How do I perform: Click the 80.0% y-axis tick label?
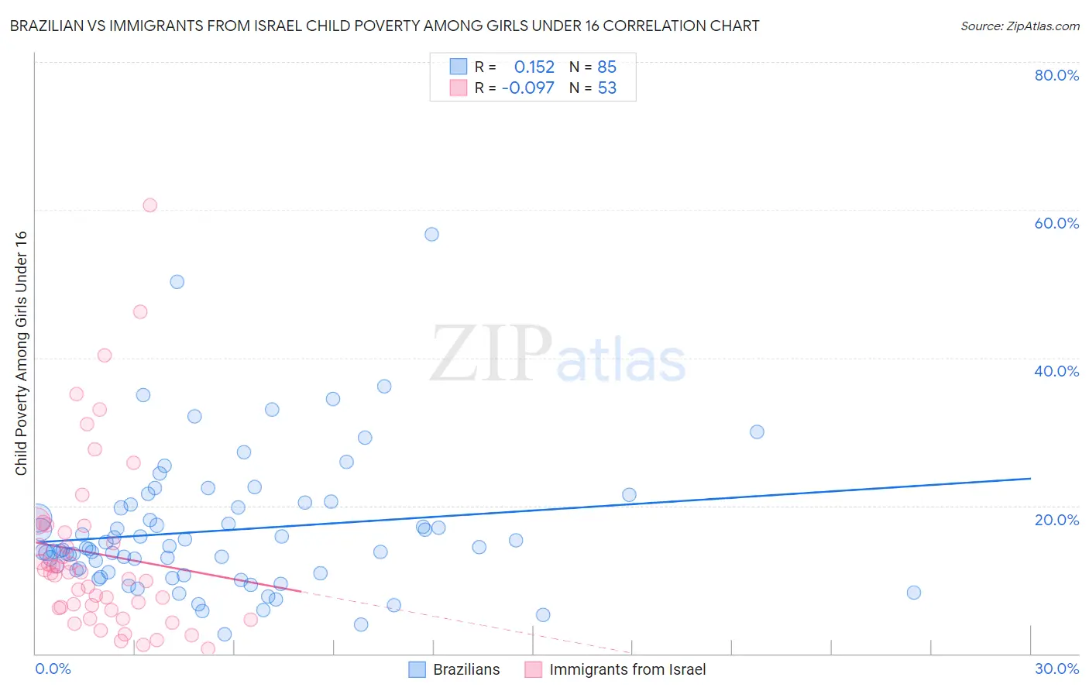click(x=1056, y=75)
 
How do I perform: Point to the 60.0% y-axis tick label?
click(x=1056, y=223)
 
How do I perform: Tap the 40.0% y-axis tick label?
click(x=1056, y=371)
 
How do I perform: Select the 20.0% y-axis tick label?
click(x=1056, y=520)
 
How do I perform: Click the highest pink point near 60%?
click(x=150, y=205)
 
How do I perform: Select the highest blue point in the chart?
click(x=431, y=234)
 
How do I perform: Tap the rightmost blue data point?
click(x=914, y=593)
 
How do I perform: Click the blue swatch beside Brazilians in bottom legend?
click(x=417, y=669)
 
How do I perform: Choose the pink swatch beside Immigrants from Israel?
click(x=534, y=669)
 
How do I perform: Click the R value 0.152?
click(x=534, y=67)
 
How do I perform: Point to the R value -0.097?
click(x=528, y=88)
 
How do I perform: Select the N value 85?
click(x=607, y=67)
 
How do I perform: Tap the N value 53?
click(x=607, y=88)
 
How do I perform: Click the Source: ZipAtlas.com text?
click(x=1019, y=26)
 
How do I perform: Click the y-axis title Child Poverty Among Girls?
click(x=21, y=353)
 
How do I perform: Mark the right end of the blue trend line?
click(x=1030, y=479)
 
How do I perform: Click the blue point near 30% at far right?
click(x=757, y=431)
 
